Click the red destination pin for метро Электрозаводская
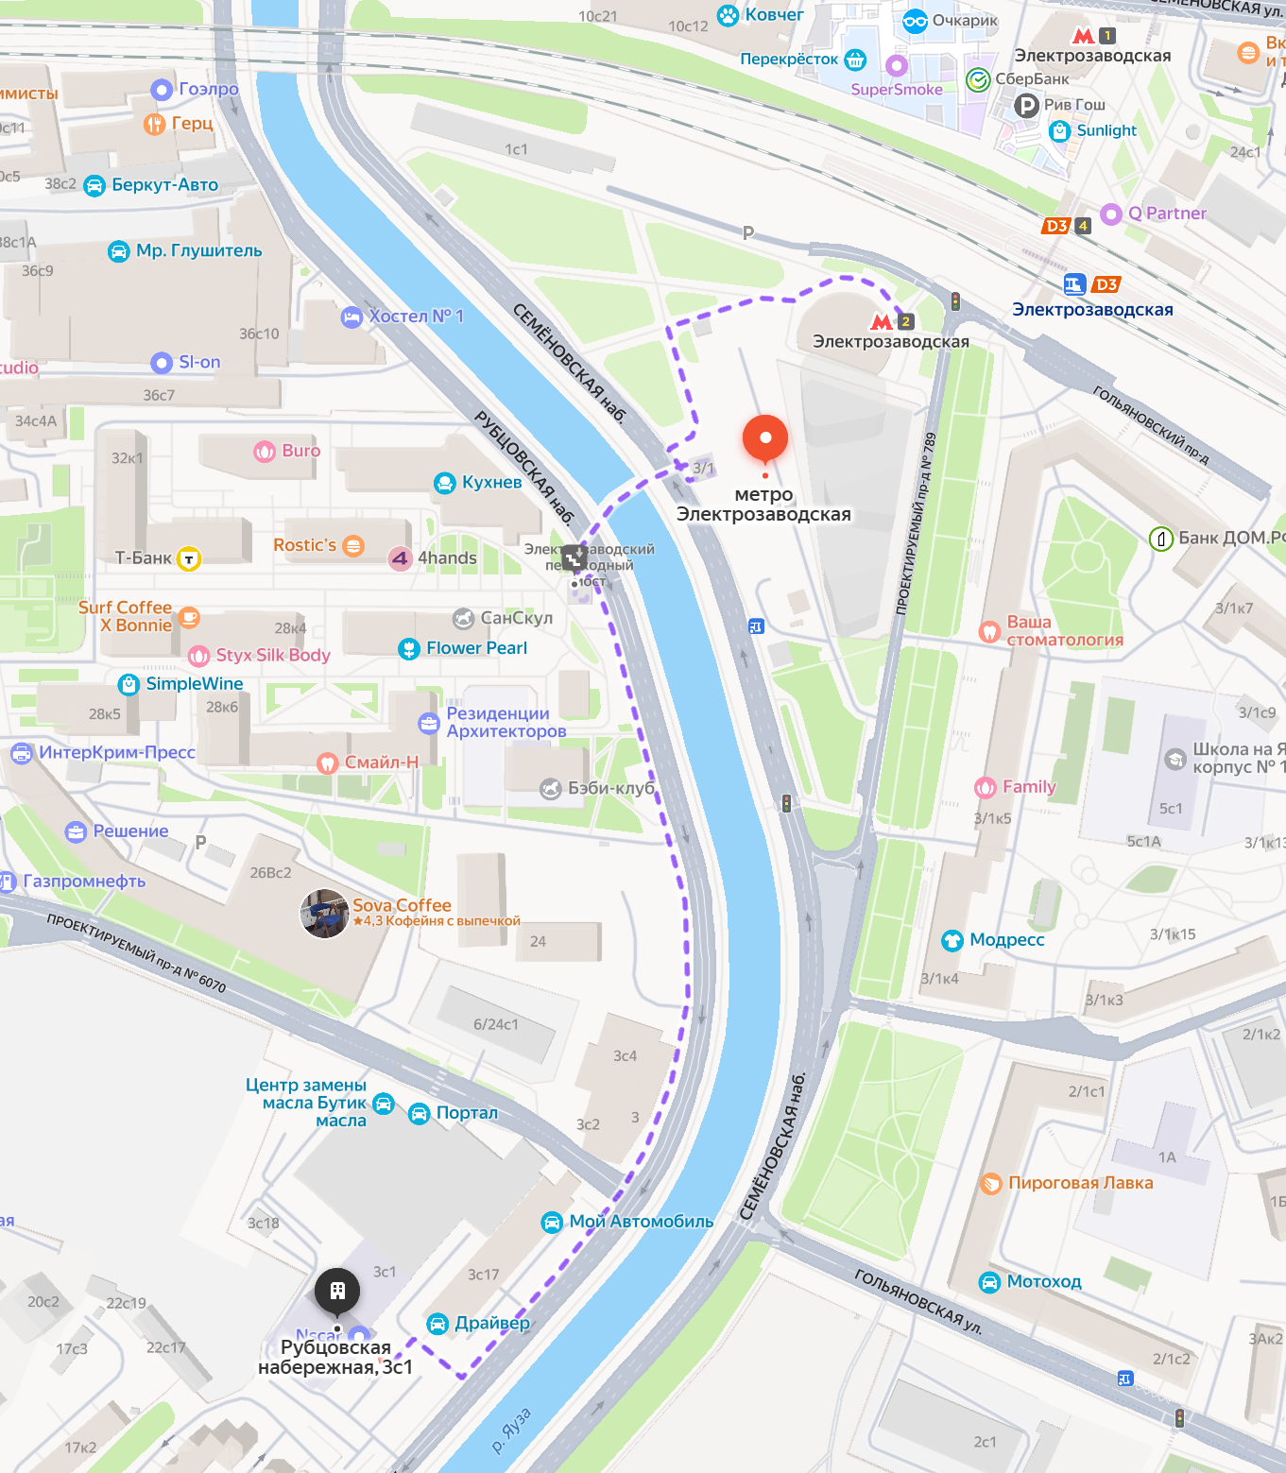765,438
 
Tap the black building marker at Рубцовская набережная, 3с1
337,1291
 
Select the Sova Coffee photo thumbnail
324,914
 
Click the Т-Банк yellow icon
189,558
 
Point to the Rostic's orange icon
353,545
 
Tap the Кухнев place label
491,482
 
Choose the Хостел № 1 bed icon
352,317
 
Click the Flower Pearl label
476,648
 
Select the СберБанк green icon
978,80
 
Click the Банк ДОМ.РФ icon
1160,539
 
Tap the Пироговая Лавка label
1080,1183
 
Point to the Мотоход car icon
989,1282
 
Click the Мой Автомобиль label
641,1222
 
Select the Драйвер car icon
437,1324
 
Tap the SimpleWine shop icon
129,684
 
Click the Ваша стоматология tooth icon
989,631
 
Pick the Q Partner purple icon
1111,214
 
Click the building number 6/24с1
496,1024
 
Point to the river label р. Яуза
512,1430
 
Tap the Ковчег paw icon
728,15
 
